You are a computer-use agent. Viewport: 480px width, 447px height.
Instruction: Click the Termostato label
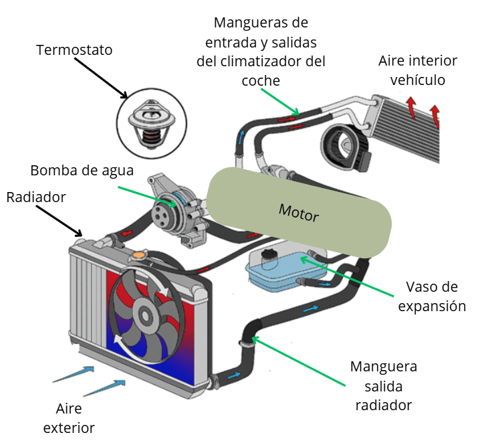point(74,50)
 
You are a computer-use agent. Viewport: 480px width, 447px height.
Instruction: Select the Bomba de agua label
point(82,170)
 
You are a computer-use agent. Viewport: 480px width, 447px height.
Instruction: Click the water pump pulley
point(162,213)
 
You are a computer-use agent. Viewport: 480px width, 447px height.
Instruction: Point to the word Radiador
point(36,197)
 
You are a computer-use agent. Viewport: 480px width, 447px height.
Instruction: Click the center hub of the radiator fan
point(144,312)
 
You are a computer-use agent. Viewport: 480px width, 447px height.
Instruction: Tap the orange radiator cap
point(138,255)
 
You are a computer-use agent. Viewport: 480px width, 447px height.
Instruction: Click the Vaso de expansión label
point(431,296)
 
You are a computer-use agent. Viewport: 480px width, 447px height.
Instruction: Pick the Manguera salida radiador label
point(384,385)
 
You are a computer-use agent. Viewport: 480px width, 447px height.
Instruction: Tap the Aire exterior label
point(69,419)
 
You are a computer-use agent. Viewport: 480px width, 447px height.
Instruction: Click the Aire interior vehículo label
point(418,70)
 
